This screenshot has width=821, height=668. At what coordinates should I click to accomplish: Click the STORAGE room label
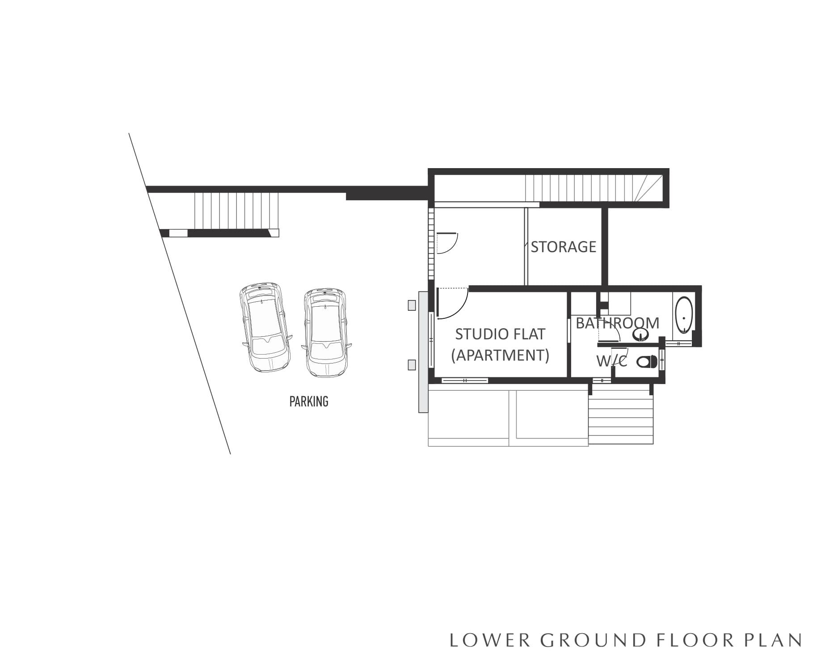563,247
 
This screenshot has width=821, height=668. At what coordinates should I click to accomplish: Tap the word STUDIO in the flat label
477,334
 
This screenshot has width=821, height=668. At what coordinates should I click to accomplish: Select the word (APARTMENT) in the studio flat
500,355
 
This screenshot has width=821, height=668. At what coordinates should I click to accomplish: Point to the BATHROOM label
617,323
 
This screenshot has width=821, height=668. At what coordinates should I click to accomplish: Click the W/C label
612,361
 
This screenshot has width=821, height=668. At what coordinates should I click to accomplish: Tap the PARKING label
309,402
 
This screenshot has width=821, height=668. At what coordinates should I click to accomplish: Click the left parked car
264,327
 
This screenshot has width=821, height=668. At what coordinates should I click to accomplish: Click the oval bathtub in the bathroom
684,316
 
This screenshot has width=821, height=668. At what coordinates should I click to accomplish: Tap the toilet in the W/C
646,361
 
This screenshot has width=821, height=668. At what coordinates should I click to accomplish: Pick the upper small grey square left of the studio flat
412,305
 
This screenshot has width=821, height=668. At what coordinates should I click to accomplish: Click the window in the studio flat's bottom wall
465,381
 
